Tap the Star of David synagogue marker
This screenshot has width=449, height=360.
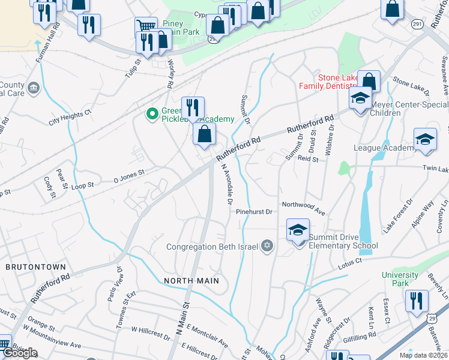tap(267, 246)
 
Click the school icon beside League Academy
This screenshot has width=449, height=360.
tap(425, 140)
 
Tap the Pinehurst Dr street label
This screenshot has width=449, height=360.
tap(254, 212)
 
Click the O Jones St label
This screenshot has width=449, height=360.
tap(129, 175)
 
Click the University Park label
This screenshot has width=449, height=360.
tap(400, 279)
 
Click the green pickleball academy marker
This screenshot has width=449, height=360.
tap(152, 112)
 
